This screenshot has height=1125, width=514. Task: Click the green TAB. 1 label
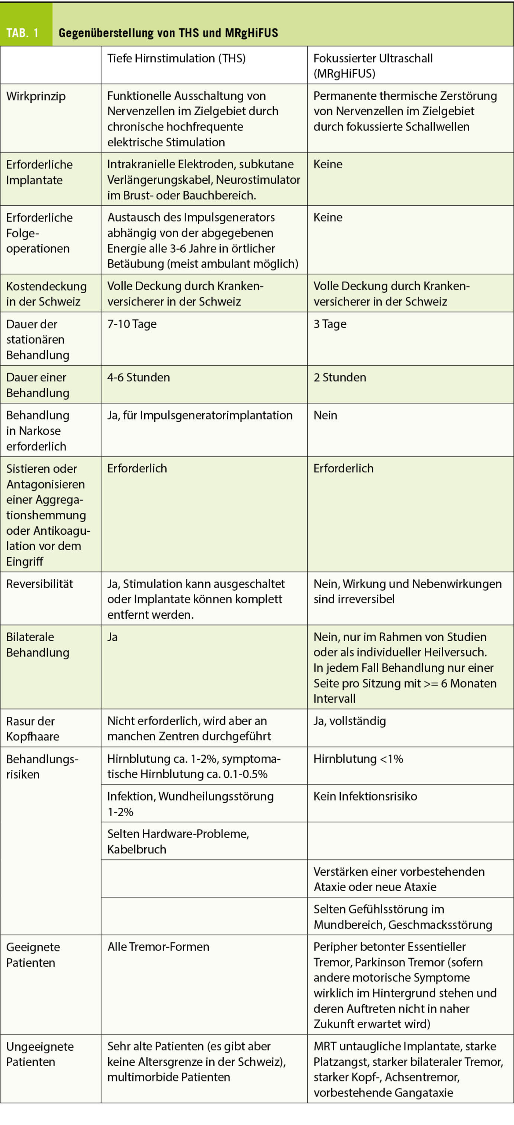coord(23,33)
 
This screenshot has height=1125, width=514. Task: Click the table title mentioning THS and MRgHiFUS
coord(168,33)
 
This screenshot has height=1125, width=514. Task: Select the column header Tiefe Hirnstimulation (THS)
coord(176,58)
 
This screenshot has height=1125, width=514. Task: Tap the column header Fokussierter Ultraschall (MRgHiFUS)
coord(372,65)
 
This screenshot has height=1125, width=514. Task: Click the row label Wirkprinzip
coord(36,96)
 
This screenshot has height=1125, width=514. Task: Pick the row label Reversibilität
coord(40,584)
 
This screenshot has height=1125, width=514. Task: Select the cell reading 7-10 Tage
coord(132,324)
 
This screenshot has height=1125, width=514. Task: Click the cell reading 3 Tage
coord(330,324)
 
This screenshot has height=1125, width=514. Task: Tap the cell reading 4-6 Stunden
coord(139,377)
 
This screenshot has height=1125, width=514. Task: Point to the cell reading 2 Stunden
coord(339,377)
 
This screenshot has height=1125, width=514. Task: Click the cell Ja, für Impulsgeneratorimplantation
coord(200,415)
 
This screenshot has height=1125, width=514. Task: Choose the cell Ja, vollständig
coord(350,721)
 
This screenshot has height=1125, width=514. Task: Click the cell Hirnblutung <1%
coord(358,758)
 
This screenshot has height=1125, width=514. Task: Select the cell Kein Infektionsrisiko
coord(365,796)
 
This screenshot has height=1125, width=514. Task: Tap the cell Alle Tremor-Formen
coord(158,946)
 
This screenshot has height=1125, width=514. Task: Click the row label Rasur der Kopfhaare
coord(33,728)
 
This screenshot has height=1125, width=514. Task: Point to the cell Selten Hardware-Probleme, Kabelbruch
coord(178,841)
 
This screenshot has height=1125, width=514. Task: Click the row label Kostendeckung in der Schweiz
coord(46,294)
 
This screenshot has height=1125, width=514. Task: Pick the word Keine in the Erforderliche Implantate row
coord(328,164)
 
